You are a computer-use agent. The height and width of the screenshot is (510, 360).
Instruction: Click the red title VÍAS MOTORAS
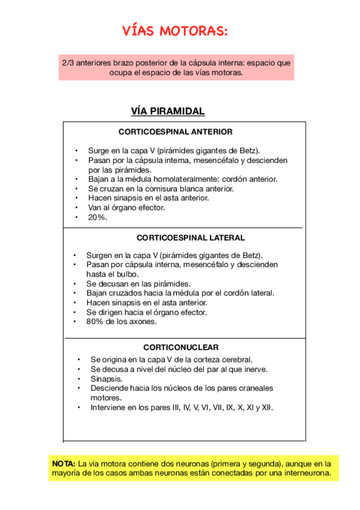pos(175,31)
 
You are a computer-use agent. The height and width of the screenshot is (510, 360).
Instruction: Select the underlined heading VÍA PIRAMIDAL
pos(168,111)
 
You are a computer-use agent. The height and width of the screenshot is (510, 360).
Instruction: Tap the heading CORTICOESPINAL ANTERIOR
pos(175,132)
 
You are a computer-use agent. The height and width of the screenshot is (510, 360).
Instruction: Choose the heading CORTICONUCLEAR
pos(181,347)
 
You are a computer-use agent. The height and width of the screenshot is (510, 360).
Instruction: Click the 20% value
pos(97,217)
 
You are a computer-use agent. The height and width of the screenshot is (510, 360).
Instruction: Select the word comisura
pos(159,188)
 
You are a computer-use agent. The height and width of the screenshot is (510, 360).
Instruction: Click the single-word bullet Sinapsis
pos(106,379)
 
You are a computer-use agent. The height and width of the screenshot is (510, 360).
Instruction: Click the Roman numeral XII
pos(266,407)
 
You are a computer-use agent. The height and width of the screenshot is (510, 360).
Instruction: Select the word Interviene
pos(109,407)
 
